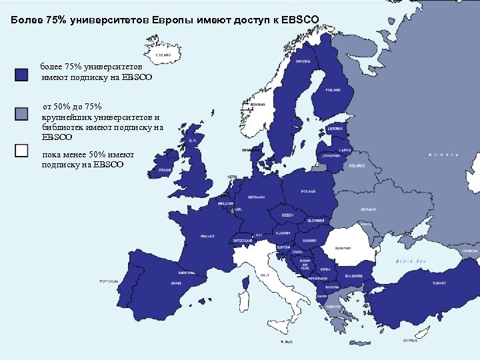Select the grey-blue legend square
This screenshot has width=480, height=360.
(x=21, y=113)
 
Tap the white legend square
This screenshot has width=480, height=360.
(x=21, y=150)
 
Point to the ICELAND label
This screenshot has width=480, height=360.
(x=163, y=55)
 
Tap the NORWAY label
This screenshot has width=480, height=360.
(x=259, y=105)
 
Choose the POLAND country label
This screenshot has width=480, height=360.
(x=308, y=191)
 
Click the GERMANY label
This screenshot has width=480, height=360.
(x=256, y=197)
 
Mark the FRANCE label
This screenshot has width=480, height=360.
(x=208, y=236)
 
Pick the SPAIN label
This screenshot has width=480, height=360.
(x=176, y=283)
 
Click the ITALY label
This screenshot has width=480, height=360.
(x=265, y=275)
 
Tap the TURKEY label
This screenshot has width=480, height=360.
(x=439, y=283)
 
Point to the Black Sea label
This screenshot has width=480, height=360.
(x=411, y=260)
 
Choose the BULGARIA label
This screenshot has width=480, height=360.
(x=354, y=275)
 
